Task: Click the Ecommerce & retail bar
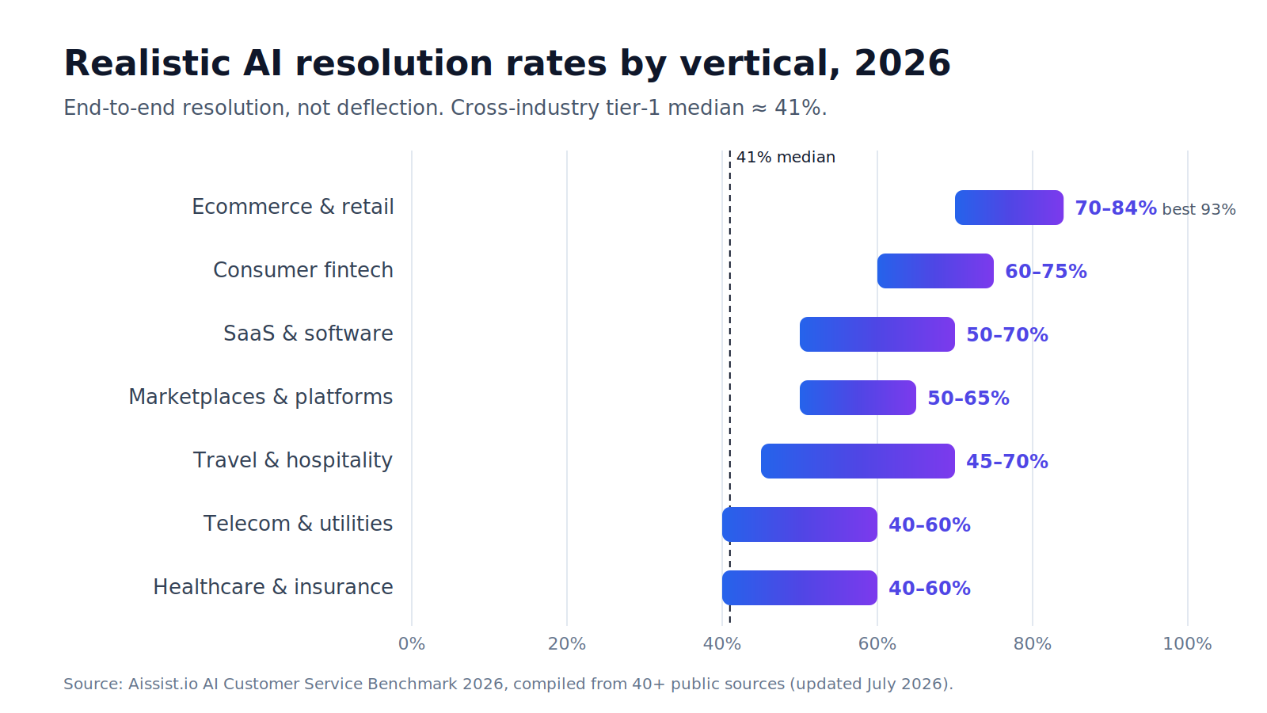tap(1009, 208)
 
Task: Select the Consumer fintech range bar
tap(935, 271)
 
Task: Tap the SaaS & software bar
tap(877, 334)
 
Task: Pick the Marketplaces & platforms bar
tap(858, 398)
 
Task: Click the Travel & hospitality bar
tap(858, 461)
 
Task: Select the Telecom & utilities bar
tap(799, 524)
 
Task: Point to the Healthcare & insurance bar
tap(799, 588)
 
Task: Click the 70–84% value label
tap(1116, 208)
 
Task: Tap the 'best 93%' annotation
tap(1199, 209)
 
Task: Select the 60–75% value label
tap(1046, 272)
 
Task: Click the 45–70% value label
tap(1006, 462)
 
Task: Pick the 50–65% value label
tap(968, 398)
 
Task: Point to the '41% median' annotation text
tap(786, 158)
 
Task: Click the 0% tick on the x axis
tap(412, 644)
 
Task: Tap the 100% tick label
tap(1187, 644)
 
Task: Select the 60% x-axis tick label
tap(877, 644)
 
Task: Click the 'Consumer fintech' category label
tap(303, 270)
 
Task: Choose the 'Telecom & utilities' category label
tap(298, 524)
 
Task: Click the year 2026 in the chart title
tap(902, 63)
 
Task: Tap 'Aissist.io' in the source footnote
tap(163, 684)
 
